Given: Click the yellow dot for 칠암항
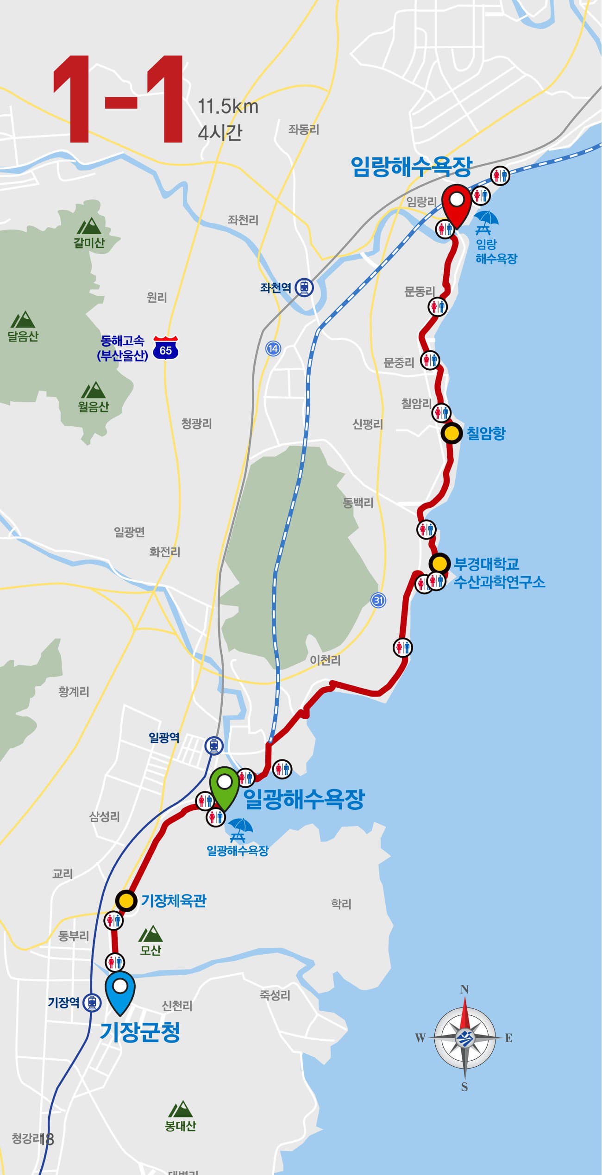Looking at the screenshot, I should tap(451, 434).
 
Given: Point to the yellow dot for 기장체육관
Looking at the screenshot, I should tap(126, 901).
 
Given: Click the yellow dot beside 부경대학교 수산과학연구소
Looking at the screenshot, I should tap(439, 564).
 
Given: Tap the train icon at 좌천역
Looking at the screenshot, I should tap(304, 287).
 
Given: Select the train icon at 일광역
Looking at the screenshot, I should tap(213, 745).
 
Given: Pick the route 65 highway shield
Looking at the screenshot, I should tap(166, 348).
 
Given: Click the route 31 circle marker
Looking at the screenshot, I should tap(378, 600).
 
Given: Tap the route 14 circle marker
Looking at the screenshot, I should tap(273, 348).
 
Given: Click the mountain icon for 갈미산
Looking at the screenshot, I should tap(88, 226).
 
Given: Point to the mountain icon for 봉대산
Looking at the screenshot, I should tap(180, 1109).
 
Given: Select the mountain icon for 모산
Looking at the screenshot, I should tap(150, 934).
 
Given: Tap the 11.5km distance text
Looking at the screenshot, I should tap(228, 107).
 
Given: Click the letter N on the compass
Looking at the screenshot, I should tap(464, 989).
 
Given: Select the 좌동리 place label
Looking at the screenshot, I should tap(304, 130).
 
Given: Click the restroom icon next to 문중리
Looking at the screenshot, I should tap(430, 360).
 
